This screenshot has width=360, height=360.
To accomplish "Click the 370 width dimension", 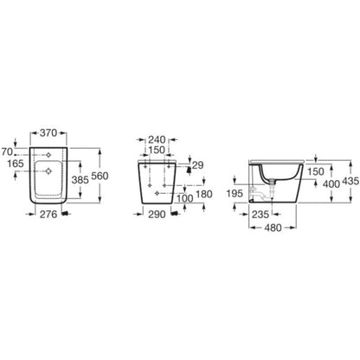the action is [48, 133].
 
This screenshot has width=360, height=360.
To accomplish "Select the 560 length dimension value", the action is [100, 176].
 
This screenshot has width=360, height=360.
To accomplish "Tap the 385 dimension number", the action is [80, 180].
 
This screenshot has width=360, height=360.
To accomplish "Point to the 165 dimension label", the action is [16, 164].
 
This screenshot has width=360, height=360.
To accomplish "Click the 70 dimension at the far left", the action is [7, 151].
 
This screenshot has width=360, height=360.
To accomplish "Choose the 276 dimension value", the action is [48, 215].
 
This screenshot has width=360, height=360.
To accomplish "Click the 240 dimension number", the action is [157, 140].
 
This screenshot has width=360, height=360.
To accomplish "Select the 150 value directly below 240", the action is [157, 150].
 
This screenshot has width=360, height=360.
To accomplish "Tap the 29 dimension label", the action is [198, 165].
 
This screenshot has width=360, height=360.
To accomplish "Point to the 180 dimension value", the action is [204, 194].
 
